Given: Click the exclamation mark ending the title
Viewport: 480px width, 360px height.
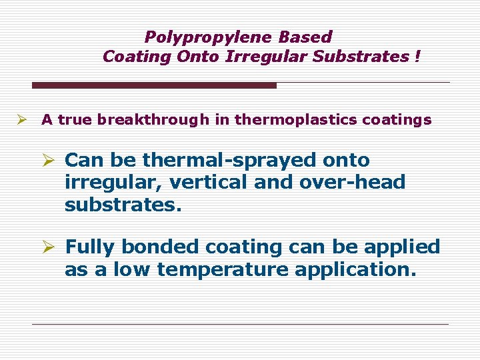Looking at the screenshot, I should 417,57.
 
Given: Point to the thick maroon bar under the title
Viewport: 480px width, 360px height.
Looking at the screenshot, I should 154,85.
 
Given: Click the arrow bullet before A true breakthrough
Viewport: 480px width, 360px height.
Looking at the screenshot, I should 22,120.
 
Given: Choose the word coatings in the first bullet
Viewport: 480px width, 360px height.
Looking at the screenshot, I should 402,121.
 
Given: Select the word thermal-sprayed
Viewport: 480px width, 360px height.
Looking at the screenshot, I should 229,161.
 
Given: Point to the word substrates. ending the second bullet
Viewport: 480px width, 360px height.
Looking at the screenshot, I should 123,205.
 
